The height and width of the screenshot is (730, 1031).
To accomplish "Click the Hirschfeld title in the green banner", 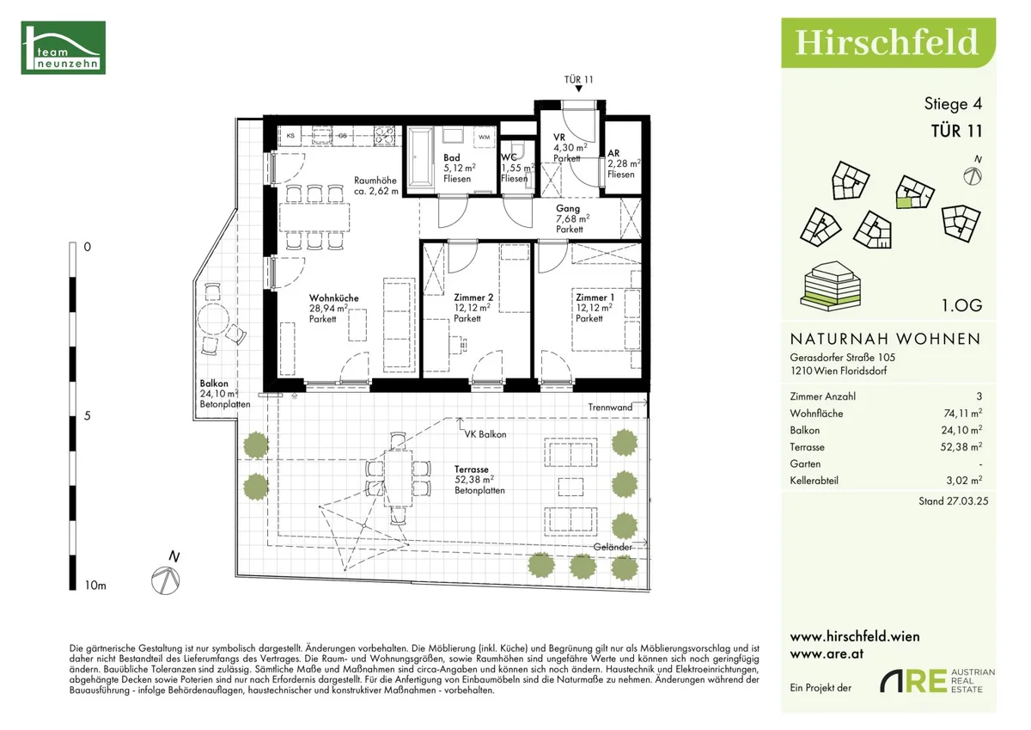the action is pos(886,42).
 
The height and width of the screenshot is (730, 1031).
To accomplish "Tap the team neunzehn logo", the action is pos(63,47).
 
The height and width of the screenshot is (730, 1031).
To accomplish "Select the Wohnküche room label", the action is pos(333,298).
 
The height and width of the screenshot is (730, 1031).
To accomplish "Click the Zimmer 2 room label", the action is pos(473,298).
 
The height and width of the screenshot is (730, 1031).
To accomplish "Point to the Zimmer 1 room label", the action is pos(595,298).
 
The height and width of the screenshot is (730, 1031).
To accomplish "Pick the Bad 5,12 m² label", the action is pos(460,169).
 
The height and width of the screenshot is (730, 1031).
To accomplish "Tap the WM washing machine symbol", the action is pos(484,137).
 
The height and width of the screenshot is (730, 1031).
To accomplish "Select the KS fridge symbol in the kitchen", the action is pos(290,135).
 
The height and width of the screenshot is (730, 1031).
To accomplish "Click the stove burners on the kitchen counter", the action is pos(384,135).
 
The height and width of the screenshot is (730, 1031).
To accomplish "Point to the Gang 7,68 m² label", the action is pos(572,218).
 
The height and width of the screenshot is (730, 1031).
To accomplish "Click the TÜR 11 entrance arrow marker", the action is pos(578,89).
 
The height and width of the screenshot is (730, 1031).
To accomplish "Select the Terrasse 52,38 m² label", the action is pos(479,480).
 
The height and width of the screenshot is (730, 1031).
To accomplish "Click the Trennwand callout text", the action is pos(610,408).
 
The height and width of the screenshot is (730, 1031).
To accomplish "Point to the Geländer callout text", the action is pos(613,547).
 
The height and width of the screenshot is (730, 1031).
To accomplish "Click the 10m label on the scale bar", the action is pos(95,586).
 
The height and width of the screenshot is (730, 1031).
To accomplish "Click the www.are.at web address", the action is pos(827,653).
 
